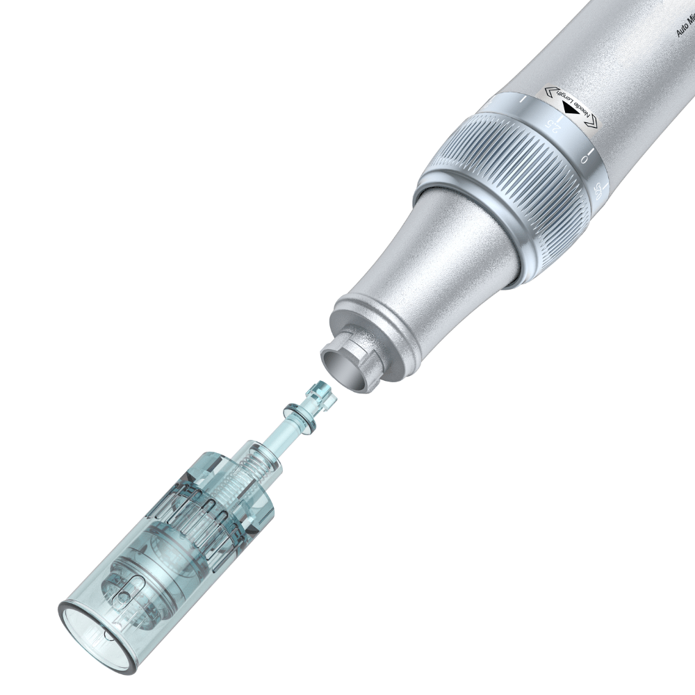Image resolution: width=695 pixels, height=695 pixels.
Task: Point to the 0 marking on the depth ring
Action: [x=584, y=158]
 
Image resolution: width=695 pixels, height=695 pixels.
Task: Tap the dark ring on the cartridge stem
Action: [x=297, y=416]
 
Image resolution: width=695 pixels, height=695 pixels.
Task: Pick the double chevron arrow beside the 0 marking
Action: [x=591, y=122]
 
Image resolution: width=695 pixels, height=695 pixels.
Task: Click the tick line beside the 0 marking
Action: [x=591, y=151]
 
